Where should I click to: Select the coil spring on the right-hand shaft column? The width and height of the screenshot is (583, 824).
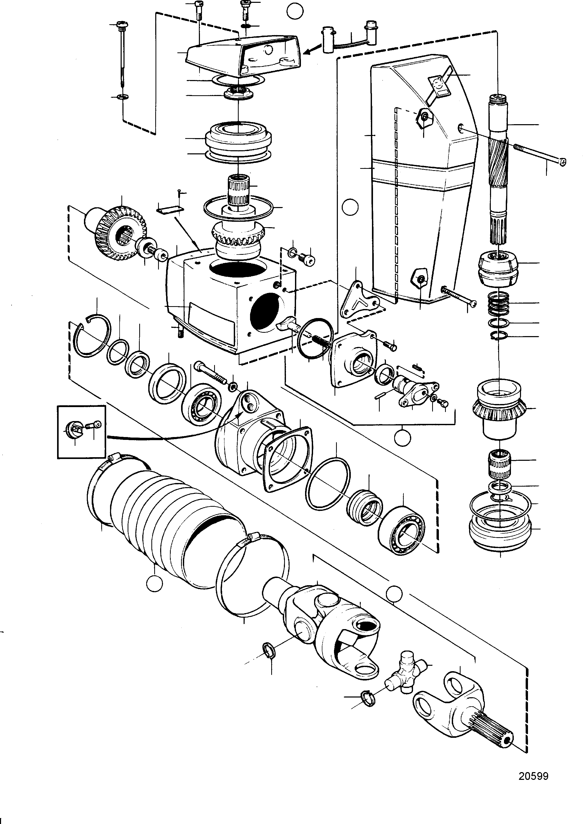[x=500, y=303]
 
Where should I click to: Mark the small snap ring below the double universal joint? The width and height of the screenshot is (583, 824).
[x=269, y=651]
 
